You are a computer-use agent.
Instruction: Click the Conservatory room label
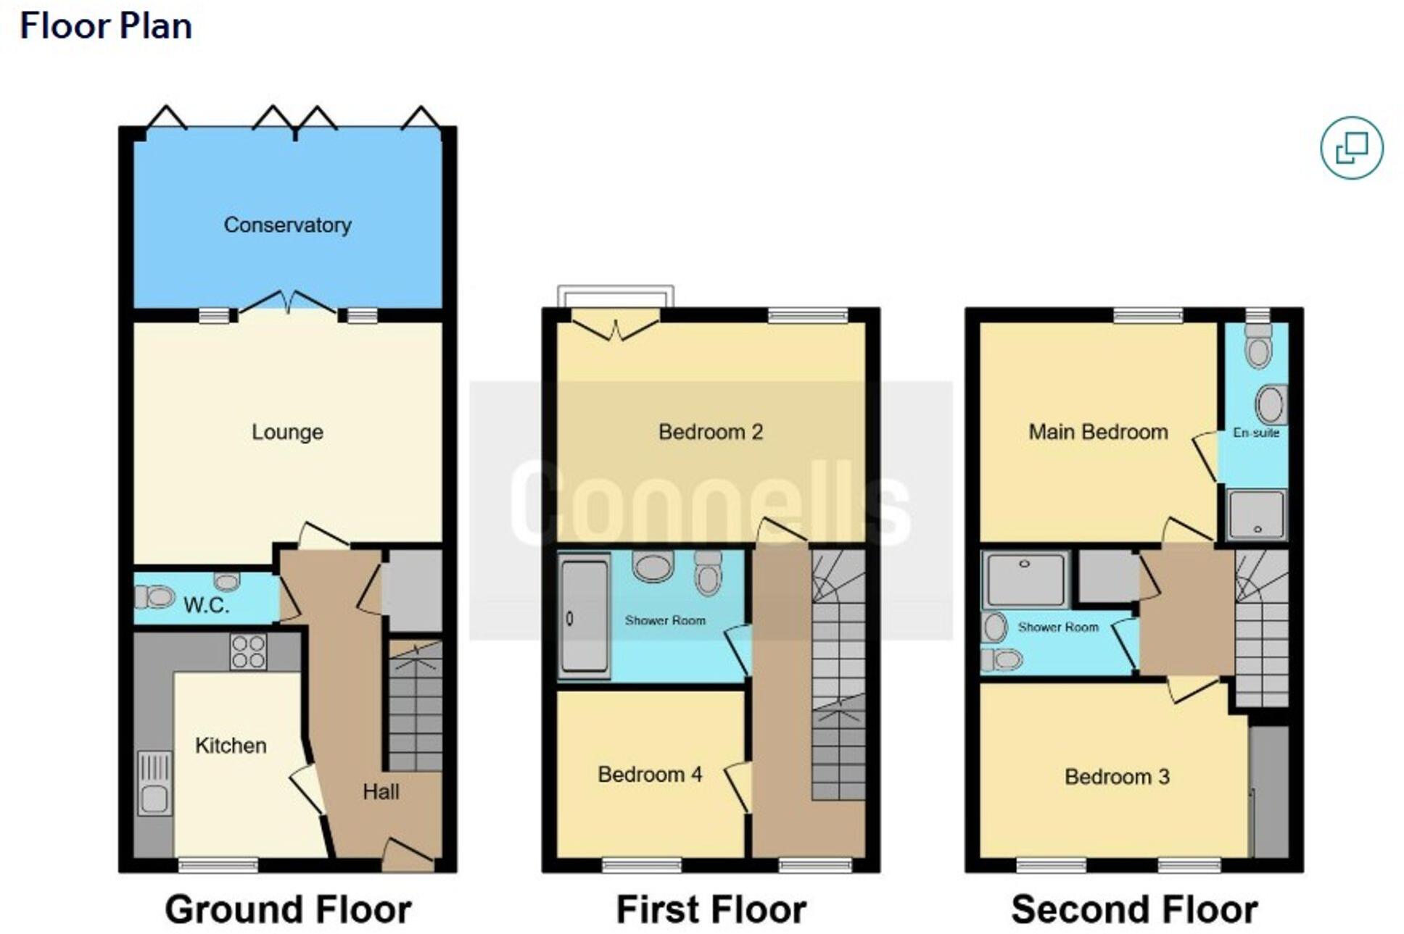tap(287, 225)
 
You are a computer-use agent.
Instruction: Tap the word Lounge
tap(287, 432)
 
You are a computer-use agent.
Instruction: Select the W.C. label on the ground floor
tap(206, 605)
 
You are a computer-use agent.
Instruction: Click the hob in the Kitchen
tap(248, 651)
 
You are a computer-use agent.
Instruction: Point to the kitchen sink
tap(154, 783)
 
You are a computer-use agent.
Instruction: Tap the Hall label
tap(381, 791)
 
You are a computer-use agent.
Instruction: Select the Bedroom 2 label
tap(710, 432)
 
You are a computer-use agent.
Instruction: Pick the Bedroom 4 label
tap(650, 774)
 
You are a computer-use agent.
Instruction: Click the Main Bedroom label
tap(1098, 432)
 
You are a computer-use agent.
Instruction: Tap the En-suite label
tap(1256, 433)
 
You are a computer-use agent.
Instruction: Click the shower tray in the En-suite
tap(1257, 514)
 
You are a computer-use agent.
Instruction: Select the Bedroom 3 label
tap(1117, 777)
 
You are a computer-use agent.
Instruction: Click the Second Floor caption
tap(1134, 909)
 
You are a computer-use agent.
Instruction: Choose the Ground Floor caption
tap(288, 909)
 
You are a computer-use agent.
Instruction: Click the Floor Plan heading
tap(106, 26)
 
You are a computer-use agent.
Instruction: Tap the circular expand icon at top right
tap(1352, 148)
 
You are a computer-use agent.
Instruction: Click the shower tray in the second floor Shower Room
tap(1025, 578)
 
